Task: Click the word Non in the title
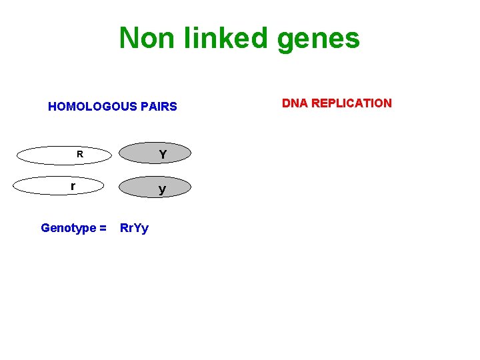pyautogui.click(x=143, y=38)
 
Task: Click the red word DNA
pyautogui.click(x=294, y=103)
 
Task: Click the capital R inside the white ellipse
pyautogui.click(x=79, y=154)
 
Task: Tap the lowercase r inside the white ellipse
pyautogui.click(x=73, y=186)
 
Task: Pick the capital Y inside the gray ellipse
pyautogui.click(x=162, y=155)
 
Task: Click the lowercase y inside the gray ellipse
pyautogui.click(x=162, y=190)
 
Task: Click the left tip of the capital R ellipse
pyautogui.click(x=17, y=155)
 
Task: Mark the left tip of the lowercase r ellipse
pyautogui.click(x=14, y=186)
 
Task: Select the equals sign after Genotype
pyautogui.click(x=103, y=228)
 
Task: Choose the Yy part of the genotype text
pyautogui.click(x=141, y=229)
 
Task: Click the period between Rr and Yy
pyautogui.click(x=133, y=231)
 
